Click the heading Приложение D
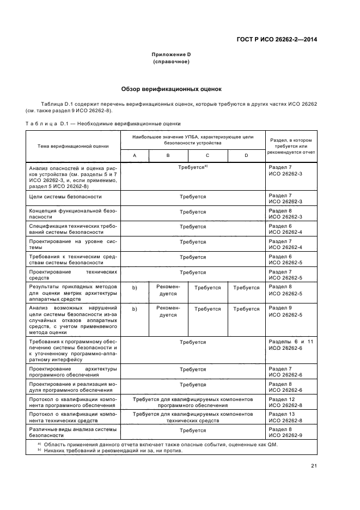point(172,54)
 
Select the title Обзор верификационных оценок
point(171,89)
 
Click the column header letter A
point(135,156)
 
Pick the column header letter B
point(168,156)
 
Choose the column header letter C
point(208,156)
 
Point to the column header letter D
point(246,156)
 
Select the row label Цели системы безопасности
point(65,196)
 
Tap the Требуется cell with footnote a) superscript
point(193,168)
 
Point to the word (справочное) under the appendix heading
point(172,62)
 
